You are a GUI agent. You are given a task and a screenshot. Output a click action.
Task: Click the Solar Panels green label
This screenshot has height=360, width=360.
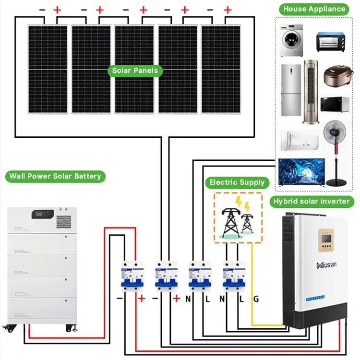pyautogui.click(x=135, y=71)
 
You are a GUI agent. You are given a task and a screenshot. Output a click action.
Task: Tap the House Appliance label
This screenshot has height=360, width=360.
pyautogui.click(x=314, y=9)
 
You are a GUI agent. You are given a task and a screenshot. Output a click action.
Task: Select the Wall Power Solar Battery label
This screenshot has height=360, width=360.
pyautogui.click(x=55, y=176)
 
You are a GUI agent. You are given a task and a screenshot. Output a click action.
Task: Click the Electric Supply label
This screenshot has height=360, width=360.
pyautogui.click(x=237, y=182)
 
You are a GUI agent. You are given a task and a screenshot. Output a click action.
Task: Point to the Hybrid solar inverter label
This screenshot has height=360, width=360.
pyautogui.click(x=312, y=201)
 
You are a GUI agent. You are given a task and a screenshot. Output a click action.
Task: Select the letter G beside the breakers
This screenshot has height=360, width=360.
pyautogui.click(x=256, y=299)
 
